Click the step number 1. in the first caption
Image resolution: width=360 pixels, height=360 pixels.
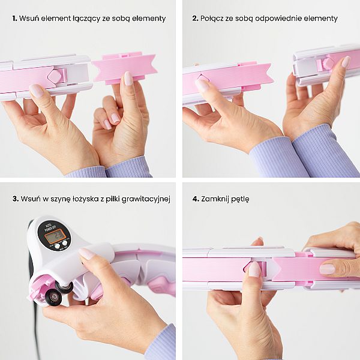coord(14,19)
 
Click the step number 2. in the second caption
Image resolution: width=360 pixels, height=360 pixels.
coord(196,19)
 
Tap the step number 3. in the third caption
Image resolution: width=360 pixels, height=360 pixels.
coord(16,199)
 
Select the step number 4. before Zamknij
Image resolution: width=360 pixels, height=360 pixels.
coord(196,199)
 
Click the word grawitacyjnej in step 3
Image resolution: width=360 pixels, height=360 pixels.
coord(146,199)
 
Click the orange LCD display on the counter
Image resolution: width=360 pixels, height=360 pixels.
coord(55,236)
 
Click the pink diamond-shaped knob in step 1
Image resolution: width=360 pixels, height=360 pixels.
coord(55,76)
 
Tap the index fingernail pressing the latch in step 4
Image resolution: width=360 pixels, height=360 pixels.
coord(254,269)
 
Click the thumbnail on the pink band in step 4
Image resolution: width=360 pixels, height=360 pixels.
coord(327,269)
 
